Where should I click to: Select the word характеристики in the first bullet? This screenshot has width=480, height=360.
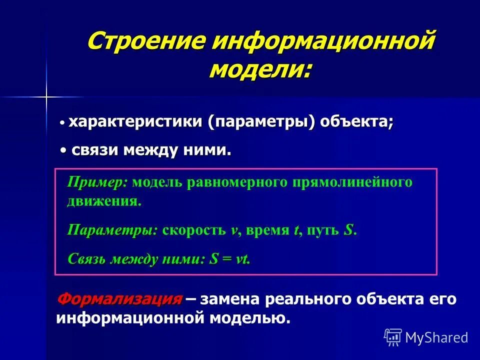pyautogui.click(x=136, y=122)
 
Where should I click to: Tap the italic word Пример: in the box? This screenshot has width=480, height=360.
pyautogui.click(x=97, y=182)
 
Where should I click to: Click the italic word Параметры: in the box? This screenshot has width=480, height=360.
pyautogui.click(x=112, y=230)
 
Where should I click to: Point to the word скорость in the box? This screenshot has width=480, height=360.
pyautogui.click(x=193, y=230)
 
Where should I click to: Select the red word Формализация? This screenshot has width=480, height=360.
pyautogui.click(x=119, y=299)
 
